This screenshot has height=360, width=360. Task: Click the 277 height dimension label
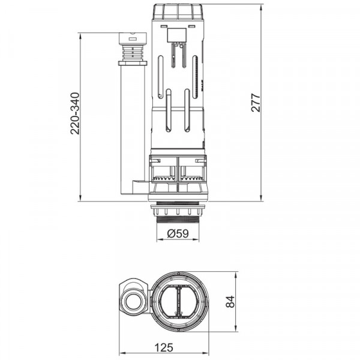point(256,103)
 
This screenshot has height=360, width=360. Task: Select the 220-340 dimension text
point(75,113)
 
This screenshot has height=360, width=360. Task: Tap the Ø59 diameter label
point(178,233)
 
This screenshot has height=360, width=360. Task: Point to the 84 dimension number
point(230,301)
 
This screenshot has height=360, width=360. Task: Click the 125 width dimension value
point(164,347)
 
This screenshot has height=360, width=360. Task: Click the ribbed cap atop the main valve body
point(178,11)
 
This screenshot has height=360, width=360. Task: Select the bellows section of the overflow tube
point(133,53)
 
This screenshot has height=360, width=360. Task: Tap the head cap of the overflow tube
point(133,38)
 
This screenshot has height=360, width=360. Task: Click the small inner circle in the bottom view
point(133,301)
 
